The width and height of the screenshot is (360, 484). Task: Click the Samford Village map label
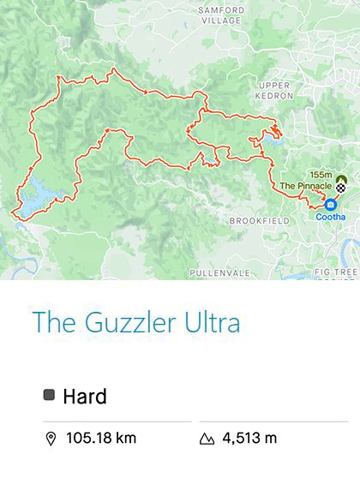[221, 15]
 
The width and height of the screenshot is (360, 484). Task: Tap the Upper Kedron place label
[275, 90]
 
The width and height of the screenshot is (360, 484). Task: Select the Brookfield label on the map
[255, 221]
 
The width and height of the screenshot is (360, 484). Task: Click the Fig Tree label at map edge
[335, 272]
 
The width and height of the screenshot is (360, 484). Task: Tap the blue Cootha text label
[331, 217]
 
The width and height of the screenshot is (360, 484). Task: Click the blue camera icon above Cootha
[331, 204]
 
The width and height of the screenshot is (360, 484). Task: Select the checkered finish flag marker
[341, 187]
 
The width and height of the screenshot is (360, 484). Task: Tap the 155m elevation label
[321, 174]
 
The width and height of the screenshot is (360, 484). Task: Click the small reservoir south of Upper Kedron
[272, 134]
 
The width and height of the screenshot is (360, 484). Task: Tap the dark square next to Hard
[49, 395]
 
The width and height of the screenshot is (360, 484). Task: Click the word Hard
[85, 396]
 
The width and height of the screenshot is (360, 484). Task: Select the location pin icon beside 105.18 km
[51, 439]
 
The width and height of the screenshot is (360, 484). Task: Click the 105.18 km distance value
[101, 439]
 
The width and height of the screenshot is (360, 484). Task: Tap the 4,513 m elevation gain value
[249, 439]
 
